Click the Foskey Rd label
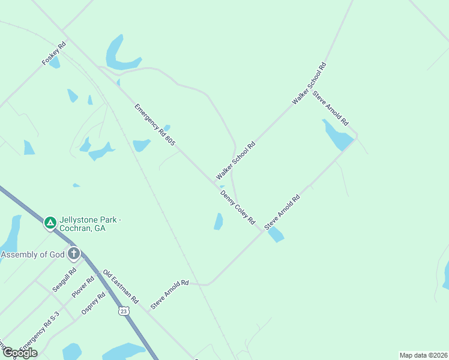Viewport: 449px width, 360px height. (x=54, y=53)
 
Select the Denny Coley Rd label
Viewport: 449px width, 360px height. (x=238, y=208)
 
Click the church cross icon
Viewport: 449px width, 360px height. (x=74, y=253)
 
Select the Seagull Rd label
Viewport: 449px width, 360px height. (x=64, y=280)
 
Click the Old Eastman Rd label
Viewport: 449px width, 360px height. (x=121, y=287)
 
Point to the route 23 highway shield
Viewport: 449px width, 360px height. (x=123, y=311)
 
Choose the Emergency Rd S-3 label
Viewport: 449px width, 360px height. (x=40, y=332)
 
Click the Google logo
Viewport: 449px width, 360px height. (x=19, y=352)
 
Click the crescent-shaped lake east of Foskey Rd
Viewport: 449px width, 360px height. (x=119, y=56)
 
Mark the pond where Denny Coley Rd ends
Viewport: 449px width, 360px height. (x=275, y=234)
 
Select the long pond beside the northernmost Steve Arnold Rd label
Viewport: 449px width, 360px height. (x=337, y=136)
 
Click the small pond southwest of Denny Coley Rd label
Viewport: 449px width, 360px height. (x=218, y=221)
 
